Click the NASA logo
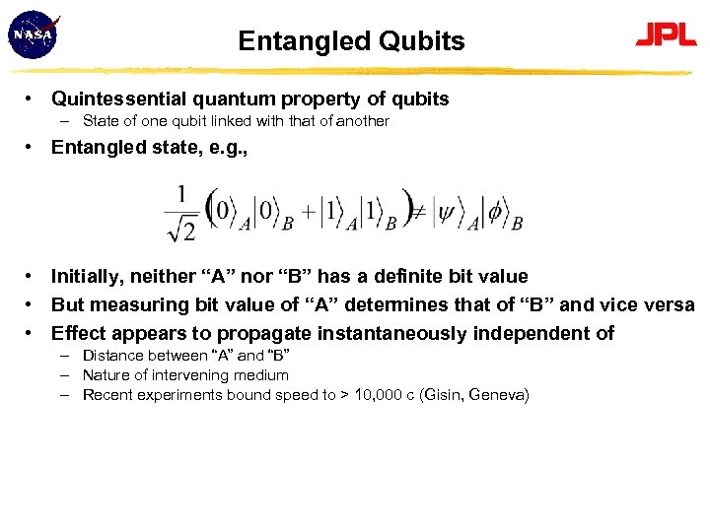[33, 35]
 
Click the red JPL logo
[666, 36]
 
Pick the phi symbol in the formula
[496, 211]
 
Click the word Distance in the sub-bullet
[112, 356]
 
